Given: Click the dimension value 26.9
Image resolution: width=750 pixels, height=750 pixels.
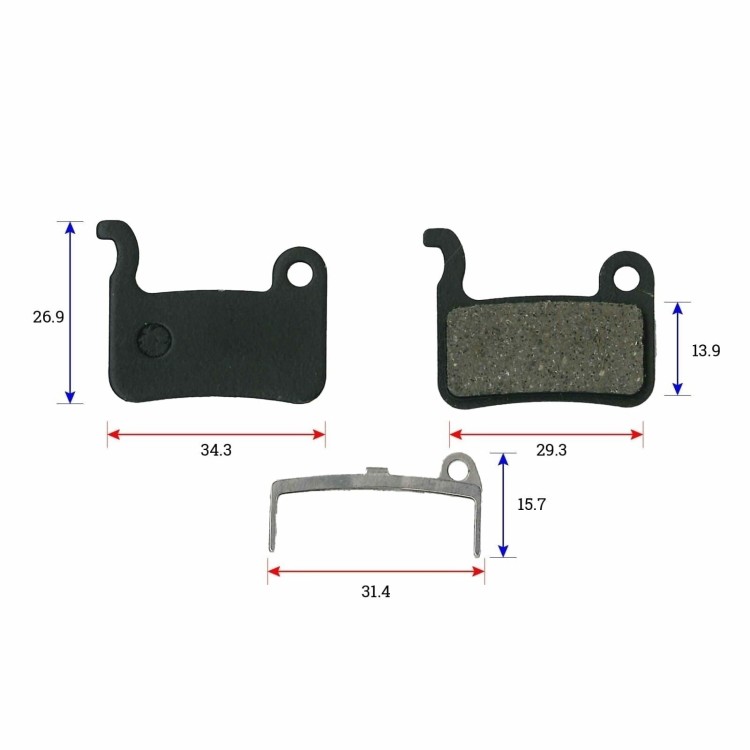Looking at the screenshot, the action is (48, 317).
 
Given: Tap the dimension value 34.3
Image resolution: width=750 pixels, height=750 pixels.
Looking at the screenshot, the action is (216, 450).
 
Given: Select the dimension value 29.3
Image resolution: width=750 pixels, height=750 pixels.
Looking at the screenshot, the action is (551, 450).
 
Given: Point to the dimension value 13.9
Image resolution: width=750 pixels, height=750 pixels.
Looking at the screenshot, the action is (706, 351).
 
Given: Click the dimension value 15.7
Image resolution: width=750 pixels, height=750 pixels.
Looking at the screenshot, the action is (531, 504).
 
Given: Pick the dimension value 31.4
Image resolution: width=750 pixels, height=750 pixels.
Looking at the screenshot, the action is (375, 592).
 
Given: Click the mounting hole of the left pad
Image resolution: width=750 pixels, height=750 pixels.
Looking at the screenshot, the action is (300, 274).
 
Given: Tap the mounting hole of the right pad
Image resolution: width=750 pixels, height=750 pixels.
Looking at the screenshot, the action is (627, 278).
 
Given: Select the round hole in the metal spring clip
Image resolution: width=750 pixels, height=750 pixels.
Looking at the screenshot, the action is (458, 471).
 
